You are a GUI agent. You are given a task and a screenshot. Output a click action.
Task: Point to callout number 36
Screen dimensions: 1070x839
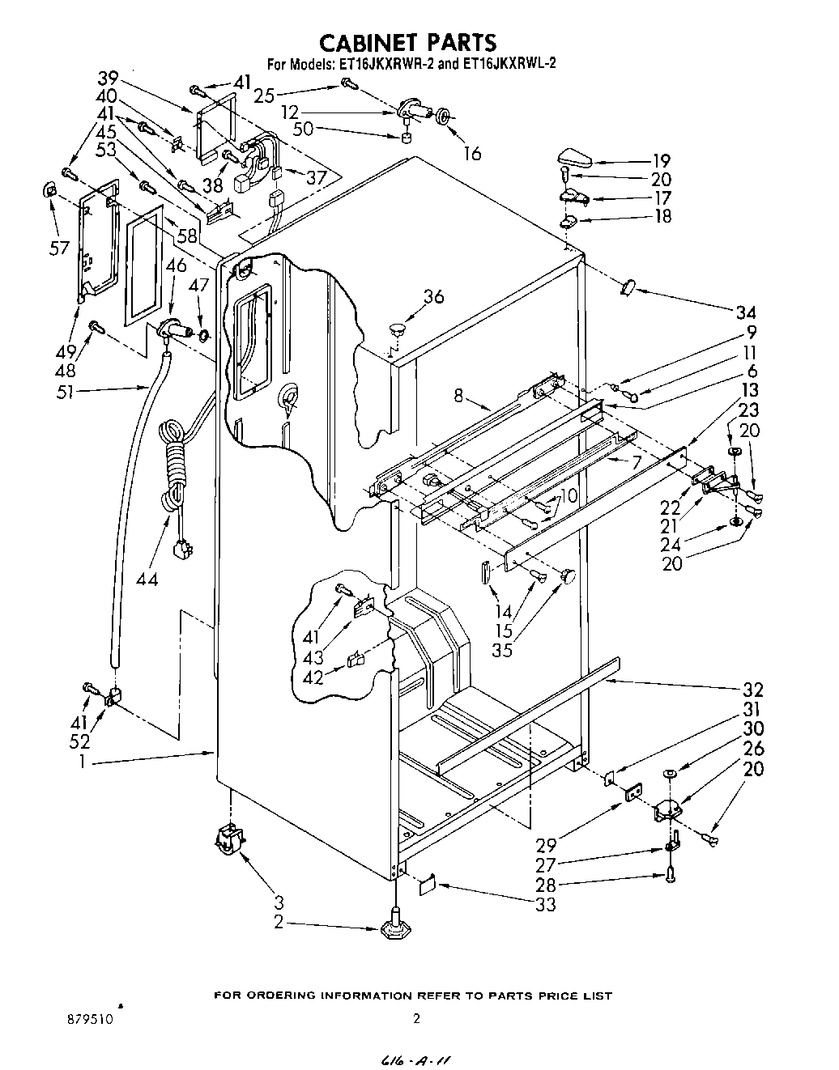(x=433, y=297)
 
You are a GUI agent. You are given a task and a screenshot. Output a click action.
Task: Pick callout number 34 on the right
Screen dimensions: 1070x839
(x=746, y=312)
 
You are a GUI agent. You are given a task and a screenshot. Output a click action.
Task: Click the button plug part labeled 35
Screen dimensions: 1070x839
(x=568, y=575)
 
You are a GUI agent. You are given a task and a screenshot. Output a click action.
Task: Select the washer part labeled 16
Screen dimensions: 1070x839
(x=445, y=117)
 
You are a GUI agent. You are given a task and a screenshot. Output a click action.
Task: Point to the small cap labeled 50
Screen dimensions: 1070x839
(x=408, y=138)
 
